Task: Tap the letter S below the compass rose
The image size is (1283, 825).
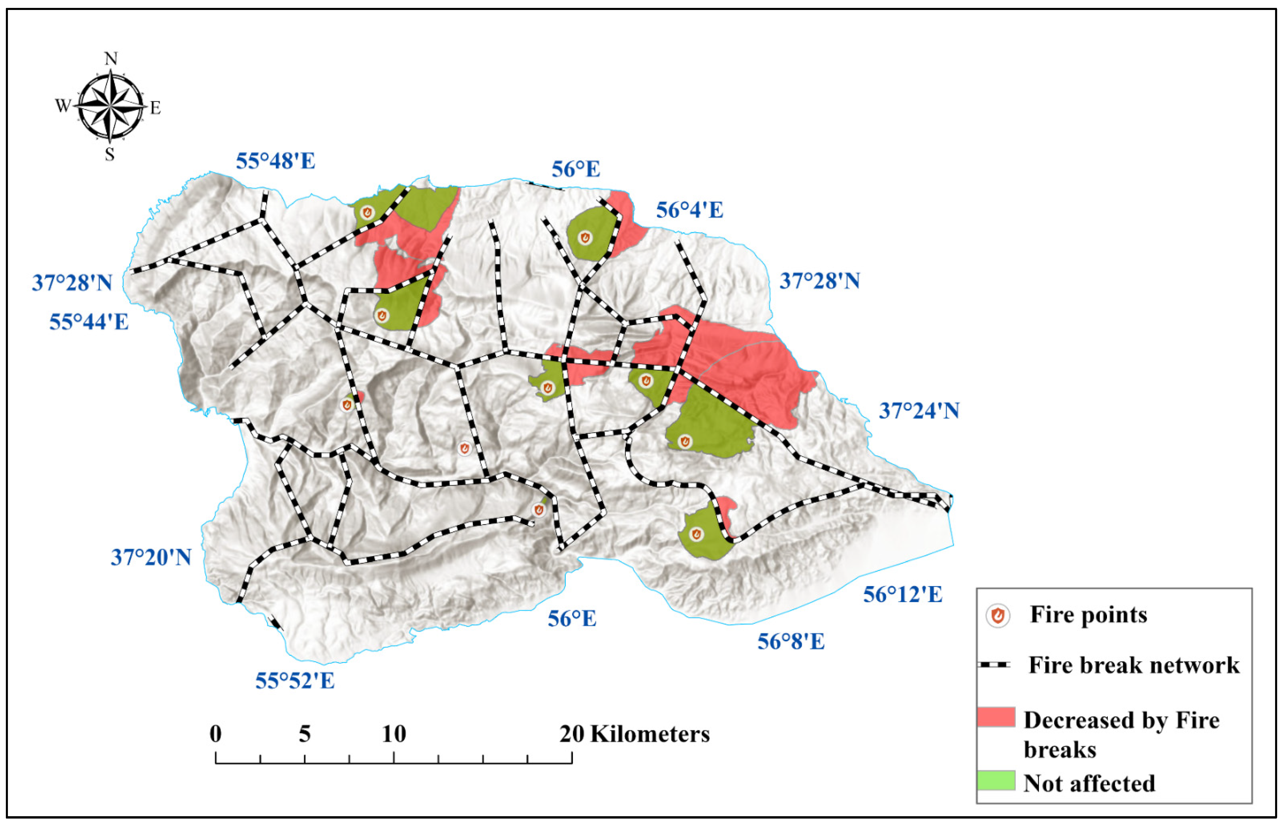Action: [110, 154]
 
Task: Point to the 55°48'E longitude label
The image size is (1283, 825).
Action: [276, 161]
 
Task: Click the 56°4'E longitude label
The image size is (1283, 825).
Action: [690, 210]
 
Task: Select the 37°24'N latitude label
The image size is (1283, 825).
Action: [919, 411]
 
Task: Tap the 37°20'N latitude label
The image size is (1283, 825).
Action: [151, 558]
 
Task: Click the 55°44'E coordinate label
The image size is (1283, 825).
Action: [89, 322]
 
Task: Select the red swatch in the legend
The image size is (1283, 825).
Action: [996, 717]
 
